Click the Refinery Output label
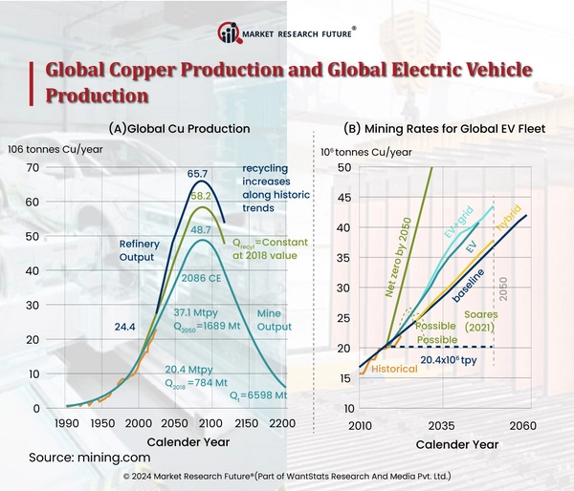(x=140, y=250)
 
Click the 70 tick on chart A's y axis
(x=33, y=168)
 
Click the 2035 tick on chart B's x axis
(x=441, y=425)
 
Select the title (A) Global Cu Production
(x=179, y=128)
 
